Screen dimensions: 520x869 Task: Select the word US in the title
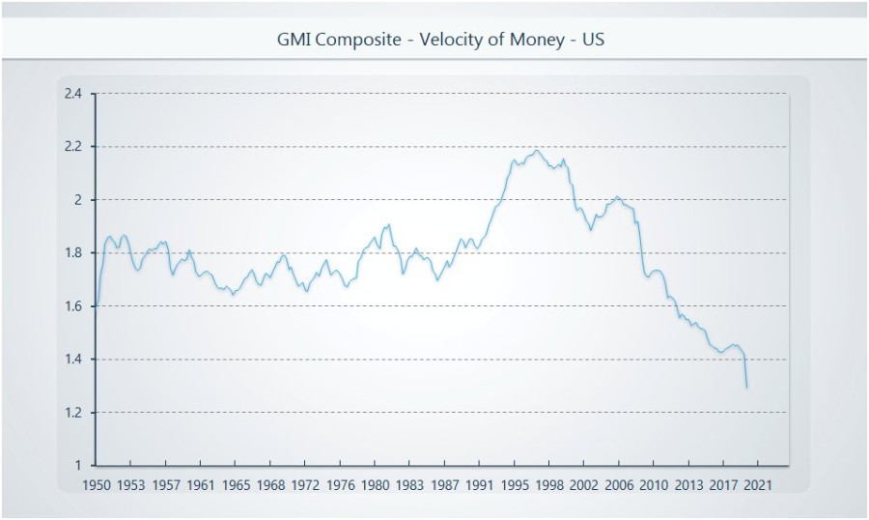(x=592, y=41)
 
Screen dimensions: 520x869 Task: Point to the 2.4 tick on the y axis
(x=73, y=94)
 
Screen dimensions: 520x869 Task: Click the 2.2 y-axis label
(x=73, y=147)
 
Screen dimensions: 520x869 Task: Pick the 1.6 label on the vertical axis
(x=73, y=306)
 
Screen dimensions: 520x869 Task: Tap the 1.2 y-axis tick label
(x=73, y=413)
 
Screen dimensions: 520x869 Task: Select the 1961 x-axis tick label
(x=201, y=483)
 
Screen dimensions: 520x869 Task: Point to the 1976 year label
(x=339, y=483)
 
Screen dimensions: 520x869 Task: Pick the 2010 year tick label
(x=654, y=483)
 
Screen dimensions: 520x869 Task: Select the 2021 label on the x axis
(x=757, y=483)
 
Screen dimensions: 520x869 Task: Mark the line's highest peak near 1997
(x=537, y=150)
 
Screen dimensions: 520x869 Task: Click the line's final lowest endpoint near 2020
(x=746, y=388)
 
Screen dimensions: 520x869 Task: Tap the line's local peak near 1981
(x=388, y=224)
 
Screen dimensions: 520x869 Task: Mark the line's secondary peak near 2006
(x=618, y=197)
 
